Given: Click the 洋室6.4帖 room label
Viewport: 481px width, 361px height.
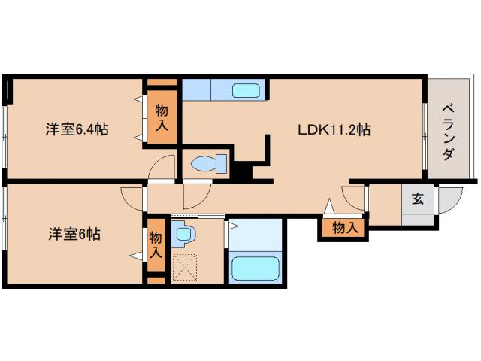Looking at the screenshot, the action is coord(77,129).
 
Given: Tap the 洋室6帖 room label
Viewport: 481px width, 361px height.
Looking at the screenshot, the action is coord(74,234).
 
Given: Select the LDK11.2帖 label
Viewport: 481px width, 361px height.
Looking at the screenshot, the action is coord(334,129).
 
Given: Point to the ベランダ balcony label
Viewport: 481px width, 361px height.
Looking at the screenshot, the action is coord(448,132).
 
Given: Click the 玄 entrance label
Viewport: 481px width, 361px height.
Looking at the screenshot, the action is coord(418,199).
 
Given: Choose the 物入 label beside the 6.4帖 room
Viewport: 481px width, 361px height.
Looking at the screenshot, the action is coord(162,117).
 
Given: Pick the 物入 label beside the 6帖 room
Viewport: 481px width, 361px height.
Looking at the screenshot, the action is coord(156,244).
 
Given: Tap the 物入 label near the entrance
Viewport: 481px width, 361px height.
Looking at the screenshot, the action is coord(346,228).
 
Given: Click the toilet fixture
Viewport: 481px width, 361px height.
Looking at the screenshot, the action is coord(209,164).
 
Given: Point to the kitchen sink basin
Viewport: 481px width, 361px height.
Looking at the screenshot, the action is coord(246,90).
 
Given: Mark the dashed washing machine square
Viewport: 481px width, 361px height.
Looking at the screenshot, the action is coord(184,267).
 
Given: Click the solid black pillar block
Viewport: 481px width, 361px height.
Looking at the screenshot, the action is coord(244,170).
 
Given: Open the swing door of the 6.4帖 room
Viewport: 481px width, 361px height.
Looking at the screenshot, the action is coord(161,167).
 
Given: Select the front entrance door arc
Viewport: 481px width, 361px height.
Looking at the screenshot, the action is coord(450,200).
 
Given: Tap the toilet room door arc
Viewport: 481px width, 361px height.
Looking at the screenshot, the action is coord(197,196).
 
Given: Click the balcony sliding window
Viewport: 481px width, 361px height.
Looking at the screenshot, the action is coord(425,135).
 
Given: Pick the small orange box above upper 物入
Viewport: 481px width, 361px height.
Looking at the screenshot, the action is coord(162,82).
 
